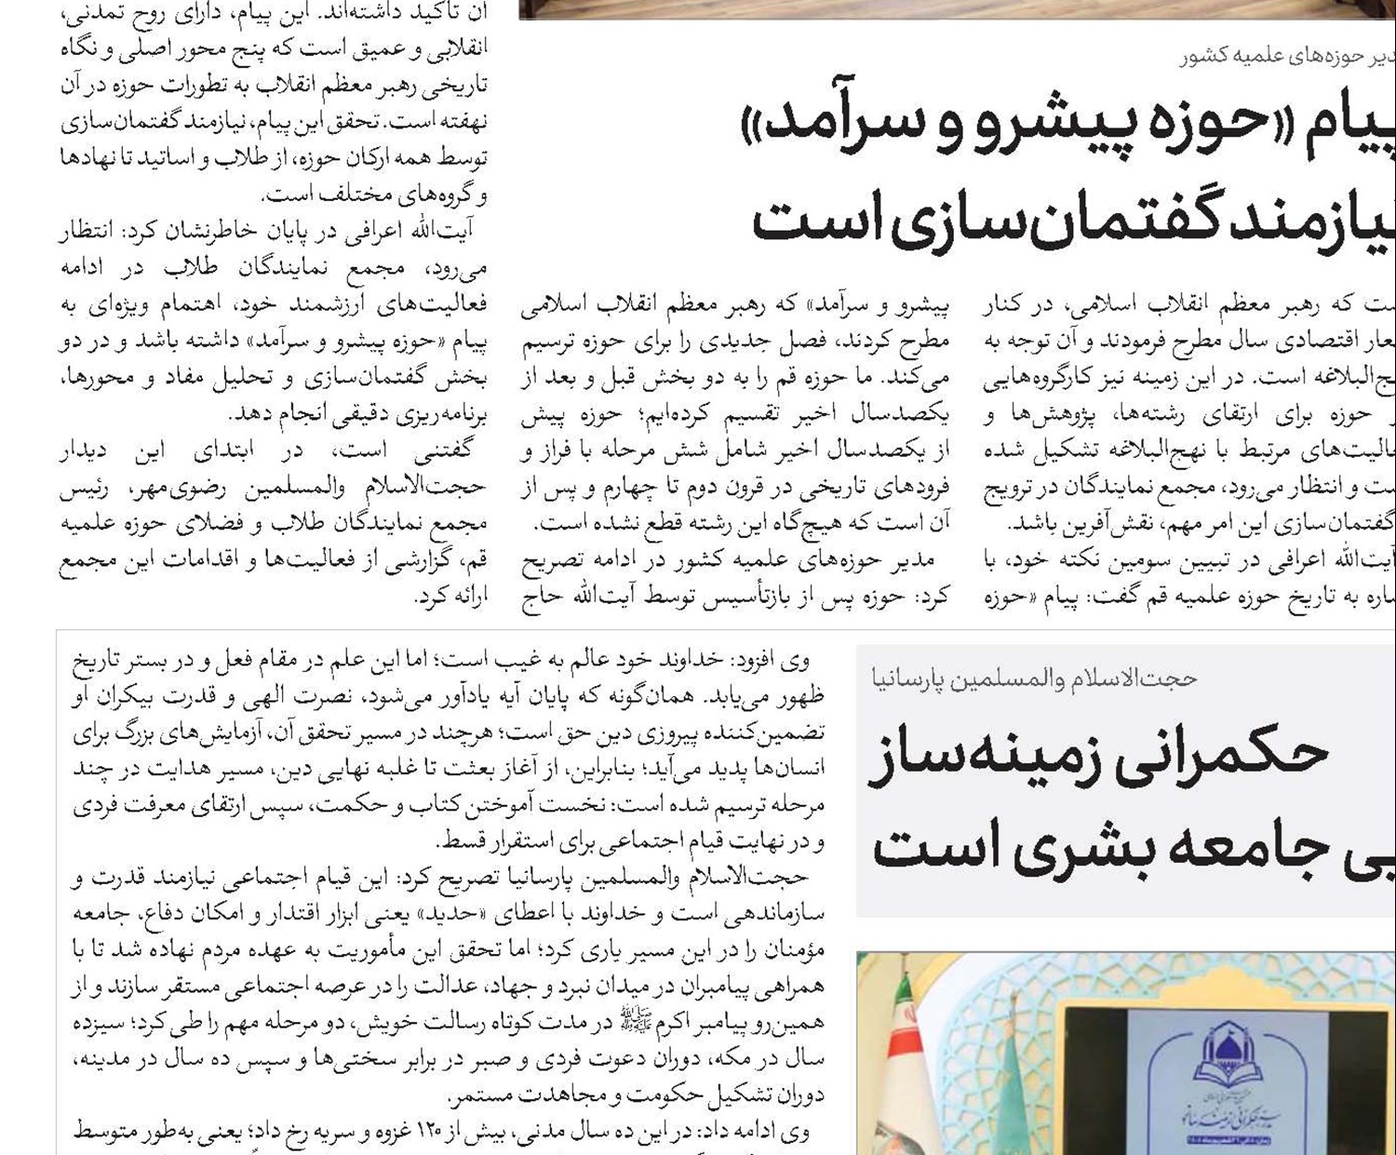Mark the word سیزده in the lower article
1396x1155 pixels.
pos(101,1023)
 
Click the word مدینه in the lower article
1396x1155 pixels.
pos(100,1059)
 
